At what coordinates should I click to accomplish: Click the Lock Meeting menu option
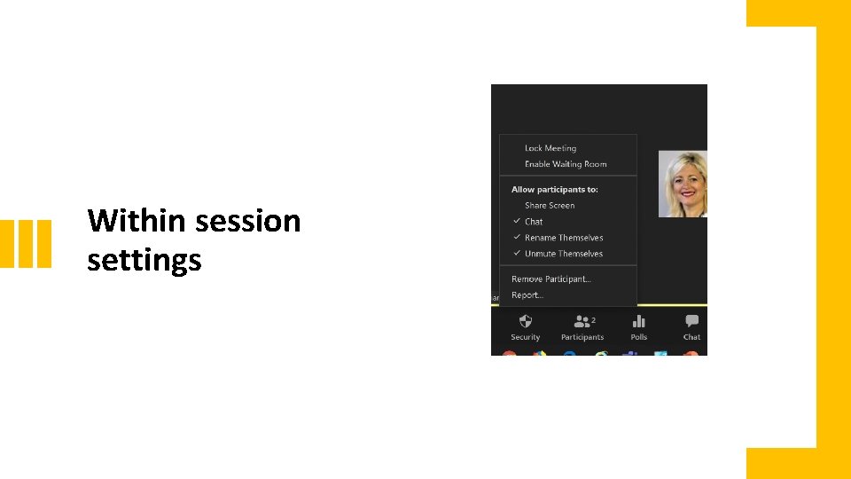(x=550, y=148)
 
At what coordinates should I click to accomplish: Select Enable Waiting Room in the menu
(x=566, y=164)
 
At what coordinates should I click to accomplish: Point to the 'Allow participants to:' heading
(x=555, y=189)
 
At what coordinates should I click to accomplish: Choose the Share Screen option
(x=550, y=205)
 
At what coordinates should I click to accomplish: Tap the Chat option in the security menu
(x=534, y=222)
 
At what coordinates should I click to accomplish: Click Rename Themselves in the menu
(x=564, y=238)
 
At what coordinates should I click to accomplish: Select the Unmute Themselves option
(x=564, y=254)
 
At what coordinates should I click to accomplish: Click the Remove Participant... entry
(x=551, y=279)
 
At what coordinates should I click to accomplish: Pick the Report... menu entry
(x=527, y=294)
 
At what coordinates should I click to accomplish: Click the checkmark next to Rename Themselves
(x=517, y=238)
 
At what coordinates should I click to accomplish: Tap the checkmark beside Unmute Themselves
(x=517, y=254)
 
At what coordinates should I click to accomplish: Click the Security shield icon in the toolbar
(x=525, y=321)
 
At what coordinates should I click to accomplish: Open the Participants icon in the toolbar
(x=581, y=321)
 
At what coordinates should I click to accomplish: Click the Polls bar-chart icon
(x=639, y=321)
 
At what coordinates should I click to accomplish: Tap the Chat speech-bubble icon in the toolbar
(x=691, y=321)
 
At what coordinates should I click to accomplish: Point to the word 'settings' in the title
(x=144, y=261)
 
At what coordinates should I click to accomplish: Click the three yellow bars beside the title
(x=26, y=242)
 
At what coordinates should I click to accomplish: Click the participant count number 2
(x=593, y=319)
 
